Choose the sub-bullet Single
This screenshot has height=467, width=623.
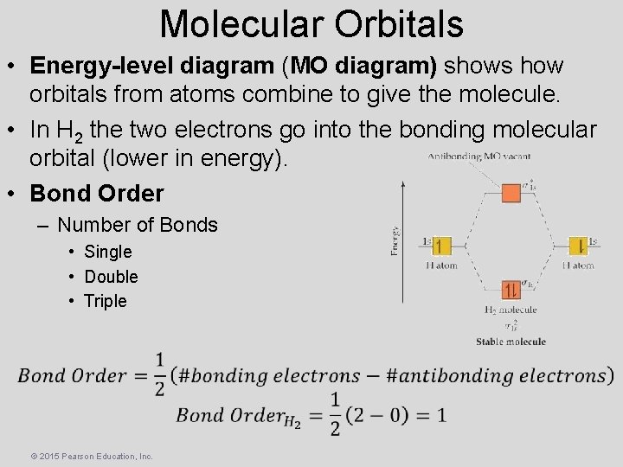(x=108, y=252)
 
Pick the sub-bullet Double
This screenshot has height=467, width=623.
(x=111, y=277)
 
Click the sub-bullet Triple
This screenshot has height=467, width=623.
(x=106, y=301)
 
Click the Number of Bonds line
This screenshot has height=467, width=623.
(x=138, y=225)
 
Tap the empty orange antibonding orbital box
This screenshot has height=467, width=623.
(x=511, y=189)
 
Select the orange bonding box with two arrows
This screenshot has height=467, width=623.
(x=511, y=290)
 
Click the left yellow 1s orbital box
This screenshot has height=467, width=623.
(x=441, y=246)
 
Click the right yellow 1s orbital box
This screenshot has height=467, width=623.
(x=579, y=246)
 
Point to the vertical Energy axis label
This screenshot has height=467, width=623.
(x=395, y=240)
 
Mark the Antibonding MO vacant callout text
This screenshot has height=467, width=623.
(x=479, y=157)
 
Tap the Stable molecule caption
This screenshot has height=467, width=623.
(x=511, y=342)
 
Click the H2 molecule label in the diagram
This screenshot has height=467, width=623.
(x=511, y=310)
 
